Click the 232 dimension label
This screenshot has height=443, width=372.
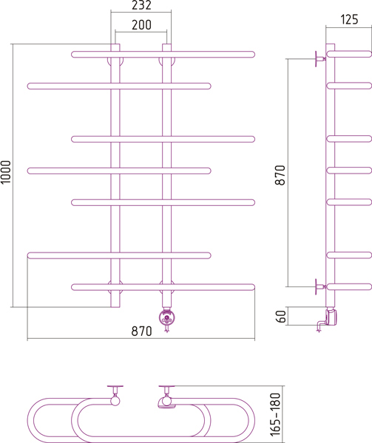[x=141, y=5]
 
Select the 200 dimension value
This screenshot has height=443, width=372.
[x=141, y=25]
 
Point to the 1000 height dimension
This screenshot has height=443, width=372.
[x=6, y=172]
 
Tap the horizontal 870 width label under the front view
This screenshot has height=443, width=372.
[x=141, y=331]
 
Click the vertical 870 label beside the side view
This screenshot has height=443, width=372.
[x=280, y=175]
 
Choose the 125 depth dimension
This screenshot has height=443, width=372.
[x=349, y=19]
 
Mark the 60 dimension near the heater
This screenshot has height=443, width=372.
[x=281, y=317]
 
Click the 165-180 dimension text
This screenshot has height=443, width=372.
[x=275, y=414]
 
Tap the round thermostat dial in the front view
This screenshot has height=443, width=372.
[x=166, y=317]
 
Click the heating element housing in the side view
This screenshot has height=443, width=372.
[x=331, y=317]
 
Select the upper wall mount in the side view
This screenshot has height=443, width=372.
[x=320, y=59]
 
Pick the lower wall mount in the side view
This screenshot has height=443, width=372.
[x=320, y=286]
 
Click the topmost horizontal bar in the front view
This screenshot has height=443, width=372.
[x=163, y=54]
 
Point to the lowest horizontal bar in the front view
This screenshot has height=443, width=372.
[x=163, y=287]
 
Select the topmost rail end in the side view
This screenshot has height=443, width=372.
[x=349, y=54]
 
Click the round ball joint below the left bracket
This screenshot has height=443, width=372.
[x=115, y=401]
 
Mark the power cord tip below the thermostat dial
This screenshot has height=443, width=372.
[x=166, y=331]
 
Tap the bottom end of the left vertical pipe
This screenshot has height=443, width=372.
[x=115, y=307]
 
